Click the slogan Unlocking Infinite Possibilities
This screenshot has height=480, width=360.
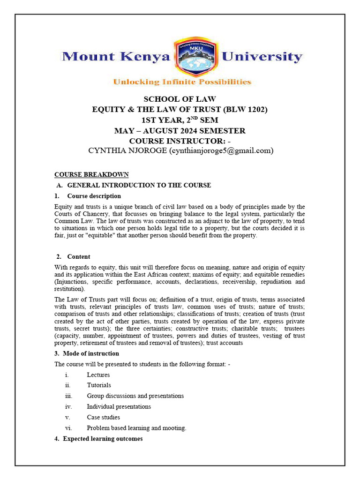182,82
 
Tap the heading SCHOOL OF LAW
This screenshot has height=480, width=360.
180,99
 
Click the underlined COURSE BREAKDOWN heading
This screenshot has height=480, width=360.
91,175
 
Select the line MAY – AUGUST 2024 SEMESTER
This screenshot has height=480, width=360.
180,131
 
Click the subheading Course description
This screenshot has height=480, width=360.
94,196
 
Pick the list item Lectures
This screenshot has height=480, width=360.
98,375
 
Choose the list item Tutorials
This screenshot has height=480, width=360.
99,385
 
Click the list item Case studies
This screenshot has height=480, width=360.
103,417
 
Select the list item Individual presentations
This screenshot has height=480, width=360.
119,407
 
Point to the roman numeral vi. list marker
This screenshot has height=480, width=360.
68,428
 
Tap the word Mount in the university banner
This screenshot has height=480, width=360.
87,57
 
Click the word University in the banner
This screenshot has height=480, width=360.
262,57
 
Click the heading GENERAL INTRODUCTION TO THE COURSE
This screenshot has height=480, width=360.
139,185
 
